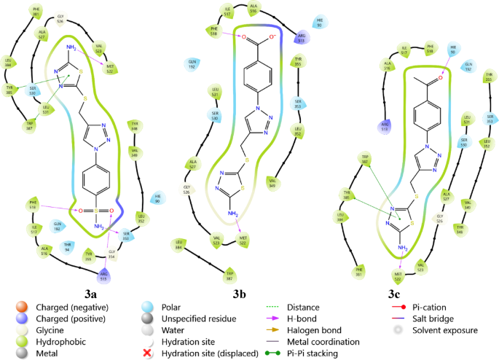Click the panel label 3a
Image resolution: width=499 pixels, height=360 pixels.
coord(91,294)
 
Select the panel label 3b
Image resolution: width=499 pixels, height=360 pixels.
coord(240,294)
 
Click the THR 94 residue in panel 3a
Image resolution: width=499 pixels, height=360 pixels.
coord(68,246)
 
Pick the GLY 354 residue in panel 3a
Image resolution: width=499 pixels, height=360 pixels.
coord(111,256)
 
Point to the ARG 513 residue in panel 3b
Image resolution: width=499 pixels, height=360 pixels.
coord(300,39)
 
